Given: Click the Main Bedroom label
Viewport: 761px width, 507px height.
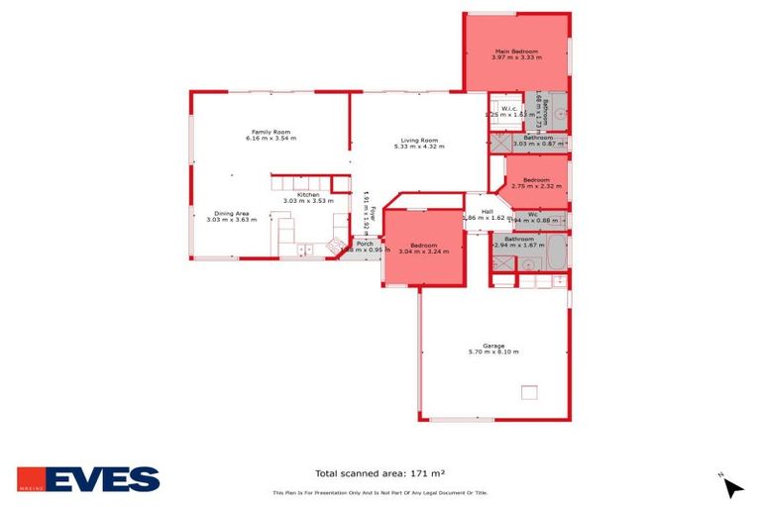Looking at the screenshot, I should tap(515, 51).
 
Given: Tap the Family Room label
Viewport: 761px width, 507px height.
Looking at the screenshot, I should tap(271, 132).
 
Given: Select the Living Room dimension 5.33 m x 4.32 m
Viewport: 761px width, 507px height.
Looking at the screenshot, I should tap(418, 147).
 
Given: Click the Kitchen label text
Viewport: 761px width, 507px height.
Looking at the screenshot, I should tap(308, 194).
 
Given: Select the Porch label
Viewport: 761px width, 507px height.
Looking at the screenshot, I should tap(365, 243).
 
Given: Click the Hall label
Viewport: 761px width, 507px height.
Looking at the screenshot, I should tap(487, 211).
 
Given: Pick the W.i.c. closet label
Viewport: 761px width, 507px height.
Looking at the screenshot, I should tap(509, 108).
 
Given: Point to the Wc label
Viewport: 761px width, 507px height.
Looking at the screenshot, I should tap(533, 214).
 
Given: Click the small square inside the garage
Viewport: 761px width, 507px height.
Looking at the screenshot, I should tap(529, 391).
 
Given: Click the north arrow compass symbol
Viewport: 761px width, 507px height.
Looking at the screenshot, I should tap(732, 486).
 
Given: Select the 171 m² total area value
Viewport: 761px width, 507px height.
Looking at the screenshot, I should tap(441, 473).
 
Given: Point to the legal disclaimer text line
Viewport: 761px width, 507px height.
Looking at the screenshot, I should tap(380, 493).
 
